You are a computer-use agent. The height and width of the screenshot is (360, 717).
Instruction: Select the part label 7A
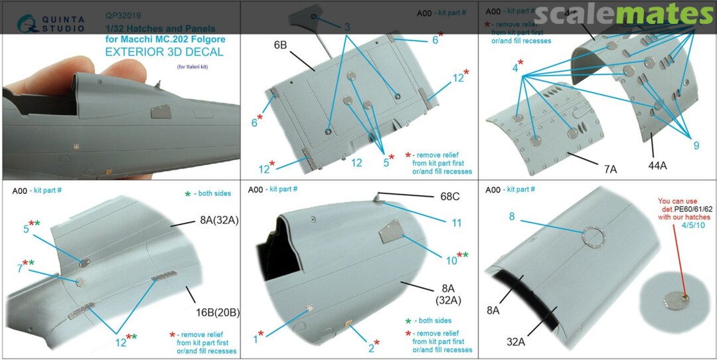pos(610,169)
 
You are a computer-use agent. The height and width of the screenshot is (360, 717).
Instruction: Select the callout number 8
pos(512,216)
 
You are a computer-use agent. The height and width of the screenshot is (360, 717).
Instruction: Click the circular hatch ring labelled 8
pos(592,238)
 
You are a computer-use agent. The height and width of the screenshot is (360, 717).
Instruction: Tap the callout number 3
pos(347,27)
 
